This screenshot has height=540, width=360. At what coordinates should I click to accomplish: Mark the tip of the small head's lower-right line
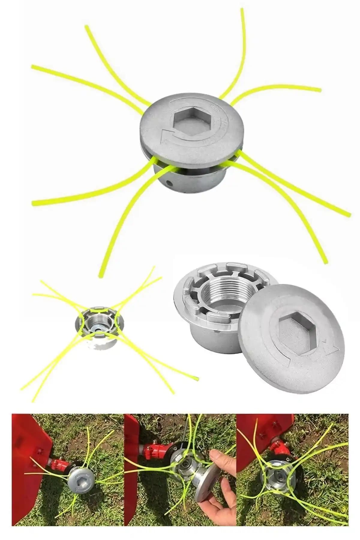(198, 377)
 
